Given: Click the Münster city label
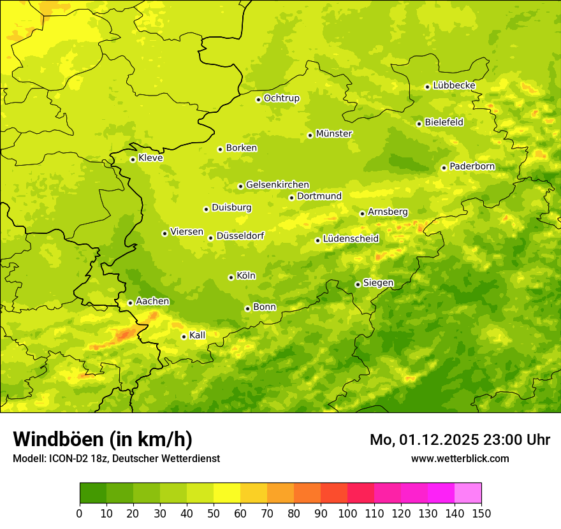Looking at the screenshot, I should click(334, 134).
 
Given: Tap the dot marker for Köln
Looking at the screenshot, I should click(231, 277).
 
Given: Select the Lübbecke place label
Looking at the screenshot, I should click(454, 85).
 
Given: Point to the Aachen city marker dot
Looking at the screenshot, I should click(130, 303).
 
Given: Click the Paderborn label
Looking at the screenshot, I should click(472, 166).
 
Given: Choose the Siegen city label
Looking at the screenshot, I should click(378, 283).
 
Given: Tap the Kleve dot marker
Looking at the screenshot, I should click(133, 159).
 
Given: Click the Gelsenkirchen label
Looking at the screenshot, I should click(277, 185).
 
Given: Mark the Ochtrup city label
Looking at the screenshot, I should click(281, 98).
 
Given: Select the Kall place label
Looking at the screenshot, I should click(197, 335).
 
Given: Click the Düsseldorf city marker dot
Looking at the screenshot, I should click(210, 238).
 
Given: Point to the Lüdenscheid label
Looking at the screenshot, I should click(351, 239).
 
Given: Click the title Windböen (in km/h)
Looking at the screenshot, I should click(102, 439).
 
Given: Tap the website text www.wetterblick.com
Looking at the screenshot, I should click(460, 458).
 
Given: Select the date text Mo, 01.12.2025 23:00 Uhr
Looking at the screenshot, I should click(460, 440).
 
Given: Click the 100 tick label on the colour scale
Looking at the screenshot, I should click(347, 513).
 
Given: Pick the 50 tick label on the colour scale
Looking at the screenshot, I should click(214, 513).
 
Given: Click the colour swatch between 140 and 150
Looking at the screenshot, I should click(468, 493).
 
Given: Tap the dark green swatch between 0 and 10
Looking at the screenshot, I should click(93, 493).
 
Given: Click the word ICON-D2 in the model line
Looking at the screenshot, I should click(65, 458).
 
